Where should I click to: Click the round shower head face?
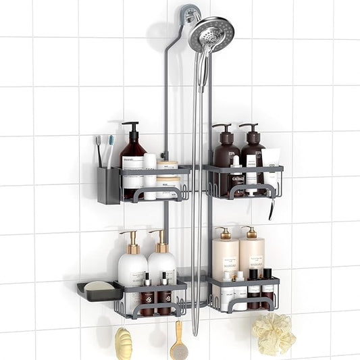click(x=211, y=34)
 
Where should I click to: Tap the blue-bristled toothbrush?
click(x=98, y=150)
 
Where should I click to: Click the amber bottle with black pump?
click(x=133, y=161)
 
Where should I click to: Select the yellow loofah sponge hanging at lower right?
click(x=273, y=334)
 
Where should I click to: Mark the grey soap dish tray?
click(x=99, y=292)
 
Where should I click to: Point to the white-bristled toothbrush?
click(x=110, y=150)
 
